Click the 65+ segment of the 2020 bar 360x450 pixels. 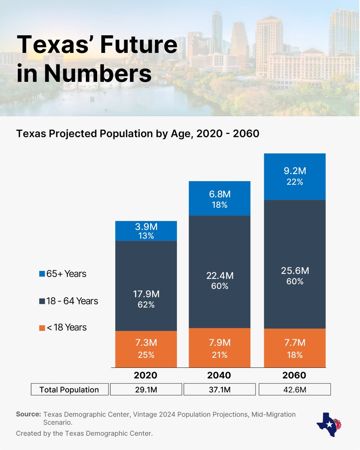(x=146, y=231)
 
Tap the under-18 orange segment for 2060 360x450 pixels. (x=295, y=348)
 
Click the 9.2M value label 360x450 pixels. (x=295, y=171)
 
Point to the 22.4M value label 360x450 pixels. (x=220, y=276)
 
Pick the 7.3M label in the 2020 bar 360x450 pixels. (x=146, y=343)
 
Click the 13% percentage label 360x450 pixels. (x=146, y=236)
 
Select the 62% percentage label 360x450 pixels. (x=146, y=305)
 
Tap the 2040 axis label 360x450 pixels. (x=220, y=375)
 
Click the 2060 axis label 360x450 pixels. (x=295, y=375)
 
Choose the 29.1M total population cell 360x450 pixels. (x=146, y=390)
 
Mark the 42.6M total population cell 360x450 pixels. (x=295, y=390)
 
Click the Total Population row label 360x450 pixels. (x=69, y=390)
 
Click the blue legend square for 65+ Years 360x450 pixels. (x=42, y=274)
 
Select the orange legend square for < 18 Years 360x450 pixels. (x=42, y=328)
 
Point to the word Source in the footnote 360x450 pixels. (x=28, y=414)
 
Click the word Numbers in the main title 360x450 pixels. (x=98, y=73)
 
